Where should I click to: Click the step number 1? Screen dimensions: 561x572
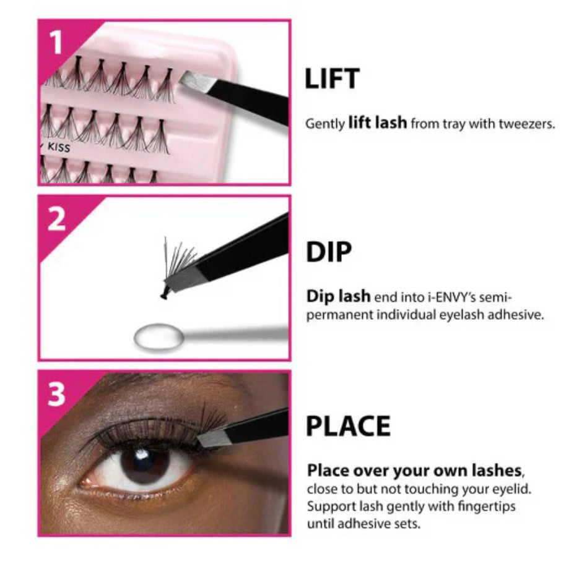coord(56,42)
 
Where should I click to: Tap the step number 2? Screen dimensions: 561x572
coord(56,220)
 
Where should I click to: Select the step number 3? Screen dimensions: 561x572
coord(56,395)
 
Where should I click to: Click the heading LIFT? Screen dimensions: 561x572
coord(332,79)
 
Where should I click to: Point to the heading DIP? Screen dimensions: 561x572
coord(329,252)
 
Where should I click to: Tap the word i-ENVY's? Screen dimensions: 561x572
coord(451,297)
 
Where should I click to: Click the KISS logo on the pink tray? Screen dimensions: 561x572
coord(58,147)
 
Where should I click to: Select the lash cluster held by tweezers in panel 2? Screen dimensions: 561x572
coord(177,267)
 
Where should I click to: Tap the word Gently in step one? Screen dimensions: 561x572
coord(324,124)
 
